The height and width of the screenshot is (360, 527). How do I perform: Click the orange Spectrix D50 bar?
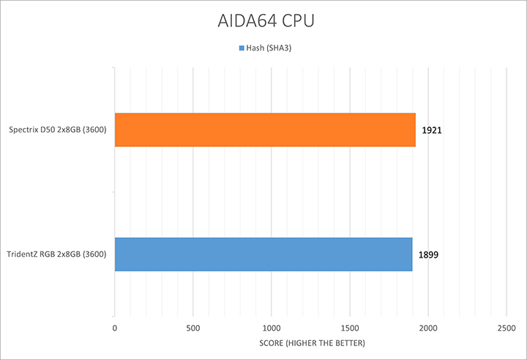click(x=265, y=130)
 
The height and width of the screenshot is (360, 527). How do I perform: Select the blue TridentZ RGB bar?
click(x=263, y=255)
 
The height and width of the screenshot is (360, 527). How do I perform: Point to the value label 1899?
click(x=429, y=255)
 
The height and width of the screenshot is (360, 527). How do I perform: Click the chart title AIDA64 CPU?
click(x=263, y=20)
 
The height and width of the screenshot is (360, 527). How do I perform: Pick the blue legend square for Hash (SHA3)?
click(x=240, y=48)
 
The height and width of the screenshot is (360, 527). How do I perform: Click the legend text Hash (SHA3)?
click(x=268, y=48)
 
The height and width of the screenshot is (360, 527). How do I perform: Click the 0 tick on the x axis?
click(x=114, y=329)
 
